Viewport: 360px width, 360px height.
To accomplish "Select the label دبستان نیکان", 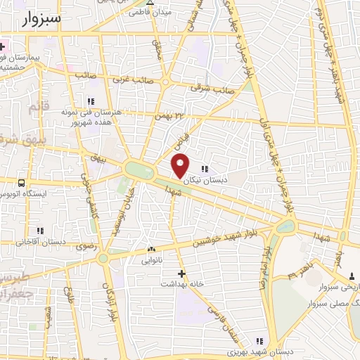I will pyautogui.click(x=205, y=180).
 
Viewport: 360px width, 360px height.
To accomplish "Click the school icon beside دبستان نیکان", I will pyautogui.click(x=205, y=169).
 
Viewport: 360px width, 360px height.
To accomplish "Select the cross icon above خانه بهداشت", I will pyautogui.click(x=182, y=273).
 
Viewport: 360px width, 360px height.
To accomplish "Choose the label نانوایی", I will pyautogui.click(x=151, y=259).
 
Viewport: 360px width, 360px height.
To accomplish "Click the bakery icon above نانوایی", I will pyautogui.click(x=151, y=249).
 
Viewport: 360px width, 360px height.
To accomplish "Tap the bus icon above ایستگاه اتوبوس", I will pyautogui.click(x=22, y=183).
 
